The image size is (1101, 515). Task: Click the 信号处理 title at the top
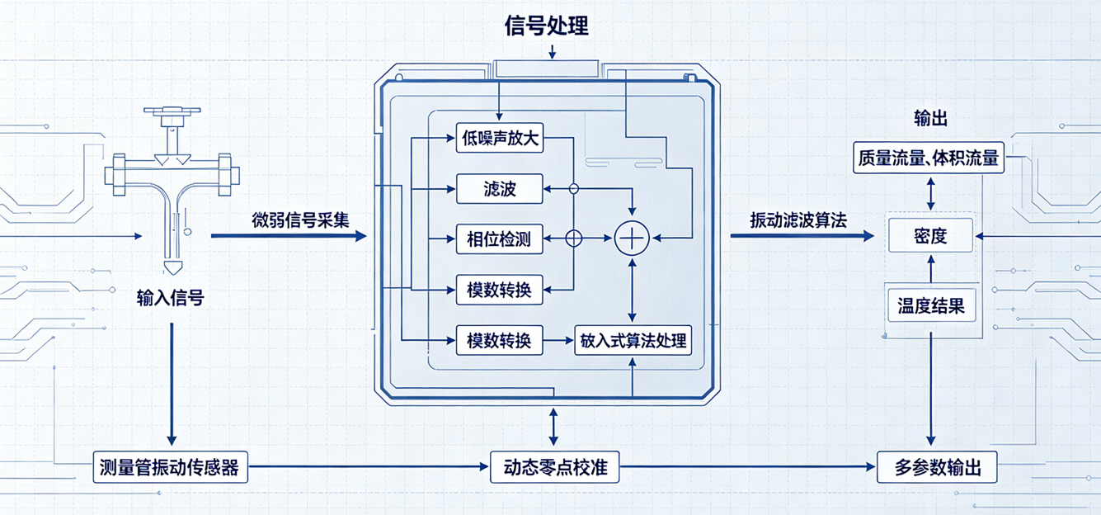click(x=547, y=26)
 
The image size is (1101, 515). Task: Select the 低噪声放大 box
click(x=500, y=138)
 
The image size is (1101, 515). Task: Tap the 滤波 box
click(x=500, y=188)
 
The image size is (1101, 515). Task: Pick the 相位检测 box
click(x=500, y=239)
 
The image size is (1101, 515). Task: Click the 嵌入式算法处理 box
click(x=633, y=340)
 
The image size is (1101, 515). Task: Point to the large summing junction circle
click(x=632, y=238)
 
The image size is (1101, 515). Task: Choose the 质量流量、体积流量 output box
click(x=929, y=158)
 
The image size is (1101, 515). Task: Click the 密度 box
click(x=930, y=236)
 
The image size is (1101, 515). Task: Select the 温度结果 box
click(x=931, y=305)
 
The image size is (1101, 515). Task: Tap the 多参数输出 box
click(x=937, y=467)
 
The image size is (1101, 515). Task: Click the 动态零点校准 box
click(x=555, y=467)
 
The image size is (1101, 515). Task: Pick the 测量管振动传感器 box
click(x=170, y=467)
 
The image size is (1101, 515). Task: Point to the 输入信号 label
click(x=170, y=298)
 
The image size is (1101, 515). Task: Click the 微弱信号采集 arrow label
click(x=300, y=220)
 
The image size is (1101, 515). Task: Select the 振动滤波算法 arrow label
click(x=798, y=220)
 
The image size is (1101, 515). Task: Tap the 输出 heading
click(x=930, y=119)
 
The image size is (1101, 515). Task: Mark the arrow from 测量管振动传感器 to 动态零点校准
click(x=368, y=466)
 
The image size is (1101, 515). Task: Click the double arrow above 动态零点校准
click(x=553, y=427)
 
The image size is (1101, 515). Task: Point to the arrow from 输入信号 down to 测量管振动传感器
click(x=172, y=384)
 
